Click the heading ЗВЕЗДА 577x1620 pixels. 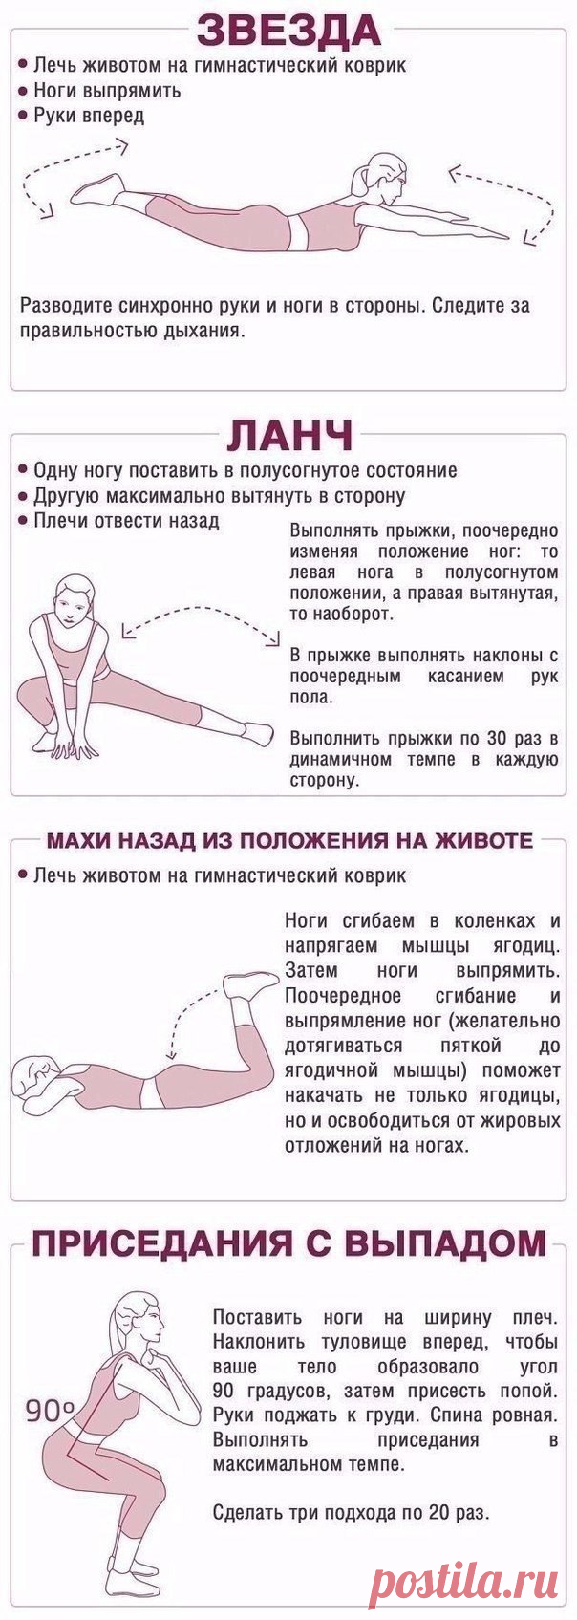289,31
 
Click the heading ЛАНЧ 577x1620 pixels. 290,436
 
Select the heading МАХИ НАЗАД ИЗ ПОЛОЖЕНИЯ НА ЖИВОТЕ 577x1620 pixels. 290,840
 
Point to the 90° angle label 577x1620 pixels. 50,1411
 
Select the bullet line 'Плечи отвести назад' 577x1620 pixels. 118,521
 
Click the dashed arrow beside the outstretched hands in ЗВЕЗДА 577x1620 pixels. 503,204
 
